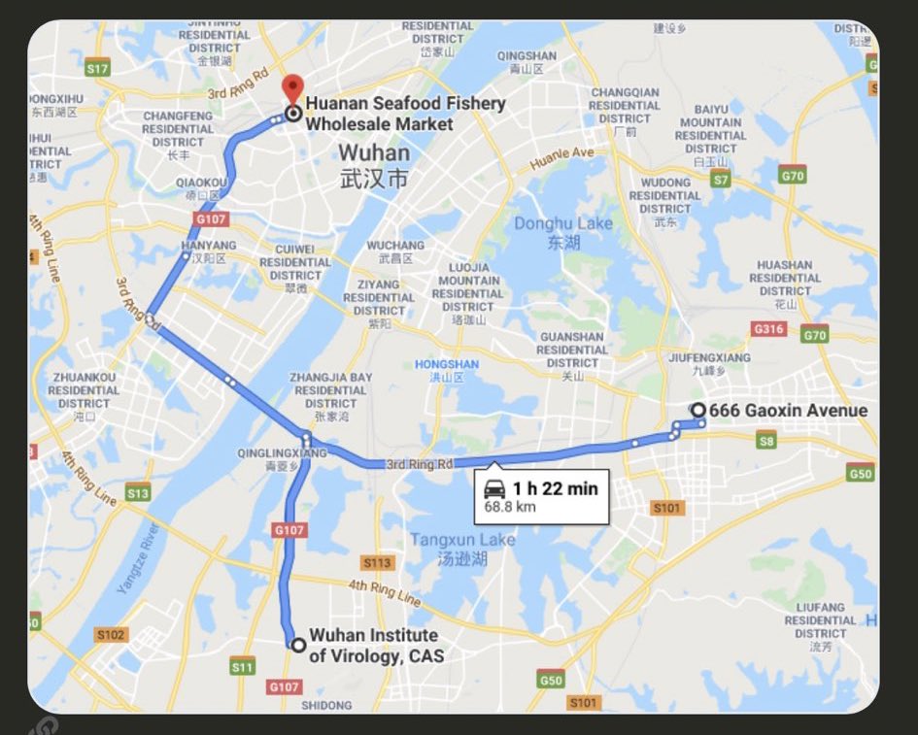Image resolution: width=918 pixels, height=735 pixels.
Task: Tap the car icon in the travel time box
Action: [494, 488]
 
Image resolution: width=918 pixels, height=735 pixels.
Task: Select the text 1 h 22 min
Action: [555, 488]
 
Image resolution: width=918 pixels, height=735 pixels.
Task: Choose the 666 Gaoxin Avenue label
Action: [788, 411]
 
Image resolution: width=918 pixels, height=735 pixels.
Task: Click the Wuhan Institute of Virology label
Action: [375, 646]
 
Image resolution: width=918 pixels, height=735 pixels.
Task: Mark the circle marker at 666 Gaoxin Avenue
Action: [697, 410]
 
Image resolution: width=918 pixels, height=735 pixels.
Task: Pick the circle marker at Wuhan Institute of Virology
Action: [298, 645]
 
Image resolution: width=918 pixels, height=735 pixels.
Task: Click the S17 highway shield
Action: [97, 69]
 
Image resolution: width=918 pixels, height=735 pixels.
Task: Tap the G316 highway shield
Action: [768, 329]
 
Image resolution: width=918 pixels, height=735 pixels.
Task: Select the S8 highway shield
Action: [766, 442]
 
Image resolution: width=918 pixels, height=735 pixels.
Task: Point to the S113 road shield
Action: [377, 562]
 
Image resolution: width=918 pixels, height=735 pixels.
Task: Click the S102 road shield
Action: [111, 634]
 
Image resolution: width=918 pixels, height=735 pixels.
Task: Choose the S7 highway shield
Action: [720, 180]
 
